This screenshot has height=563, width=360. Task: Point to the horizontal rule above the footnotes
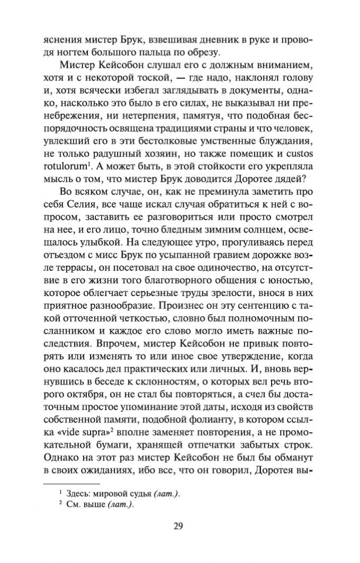point(71,483)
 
